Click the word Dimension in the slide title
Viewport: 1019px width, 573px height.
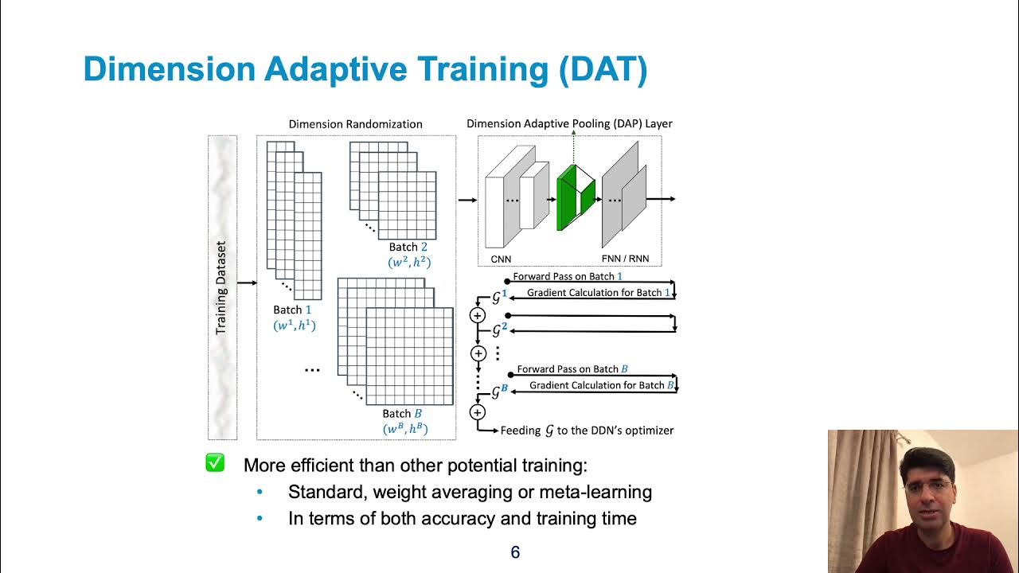pyautogui.click(x=167, y=70)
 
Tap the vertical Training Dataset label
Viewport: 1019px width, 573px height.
pyautogui.click(x=221, y=287)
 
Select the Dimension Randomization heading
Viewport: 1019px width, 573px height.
pyautogui.click(x=355, y=124)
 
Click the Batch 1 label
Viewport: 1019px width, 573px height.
pyautogui.click(x=293, y=310)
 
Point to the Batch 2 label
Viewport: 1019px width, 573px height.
pyautogui.click(x=408, y=247)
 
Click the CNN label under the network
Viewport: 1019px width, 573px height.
pyautogui.click(x=501, y=259)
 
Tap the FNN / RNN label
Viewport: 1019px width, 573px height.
pyautogui.click(x=627, y=259)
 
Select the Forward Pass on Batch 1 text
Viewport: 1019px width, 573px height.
pyautogui.click(x=567, y=276)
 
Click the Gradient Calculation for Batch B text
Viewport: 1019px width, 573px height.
pyautogui.click(x=602, y=385)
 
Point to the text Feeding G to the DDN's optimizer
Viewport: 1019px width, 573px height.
pyautogui.click(x=587, y=431)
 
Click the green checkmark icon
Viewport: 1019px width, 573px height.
pyautogui.click(x=215, y=463)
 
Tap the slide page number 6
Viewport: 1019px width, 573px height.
pyautogui.click(x=515, y=552)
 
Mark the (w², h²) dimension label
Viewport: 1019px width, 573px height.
pyautogui.click(x=409, y=262)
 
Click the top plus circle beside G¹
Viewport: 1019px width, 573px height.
pyautogui.click(x=478, y=315)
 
